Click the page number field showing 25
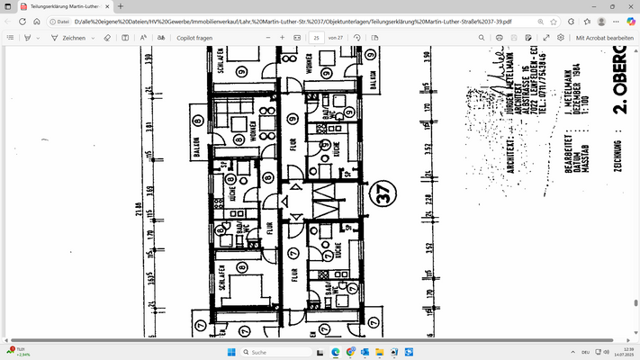(x=317, y=38)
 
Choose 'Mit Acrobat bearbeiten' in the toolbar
(x=605, y=38)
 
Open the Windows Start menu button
(x=230, y=351)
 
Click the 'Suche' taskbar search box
(x=270, y=351)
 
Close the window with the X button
(x=624, y=6)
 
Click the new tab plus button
(x=120, y=6)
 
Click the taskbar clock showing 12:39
(x=618, y=351)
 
